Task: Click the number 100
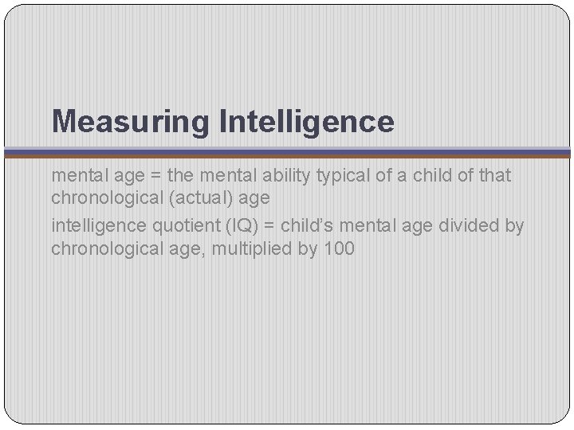point(340,248)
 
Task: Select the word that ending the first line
point(493,175)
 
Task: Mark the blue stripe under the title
point(287,150)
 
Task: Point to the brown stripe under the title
point(287,156)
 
